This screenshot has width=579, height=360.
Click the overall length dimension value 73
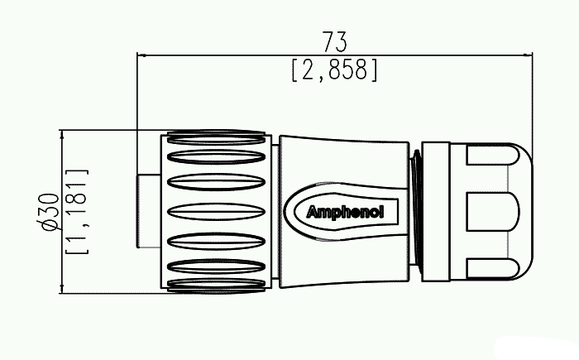coord(335,41)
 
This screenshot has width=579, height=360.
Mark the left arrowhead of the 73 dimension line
coord(141,56)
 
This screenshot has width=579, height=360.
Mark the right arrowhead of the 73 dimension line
coord(529,56)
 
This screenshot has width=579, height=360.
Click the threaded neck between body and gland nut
coord(415,211)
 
